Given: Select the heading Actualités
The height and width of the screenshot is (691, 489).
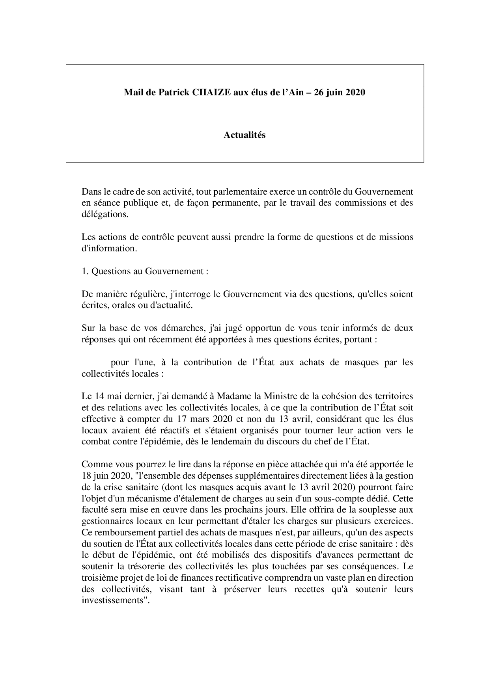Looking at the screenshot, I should point(244,135).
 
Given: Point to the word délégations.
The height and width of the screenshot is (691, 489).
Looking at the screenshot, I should point(105,215).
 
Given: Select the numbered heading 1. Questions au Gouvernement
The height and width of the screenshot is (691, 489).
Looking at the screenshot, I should point(145,271).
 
